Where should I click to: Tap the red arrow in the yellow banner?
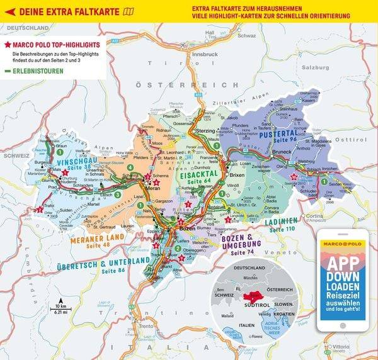pyautogui.click(x=9, y=9)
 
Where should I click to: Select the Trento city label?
pyautogui.click(x=146, y=326)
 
